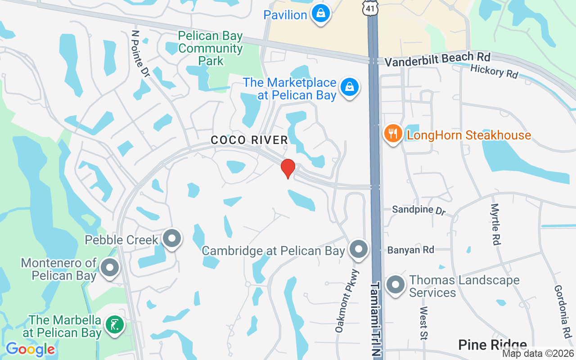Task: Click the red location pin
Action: pyautogui.click(x=288, y=168)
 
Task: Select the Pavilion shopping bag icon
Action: pyautogui.click(x=321, y=13)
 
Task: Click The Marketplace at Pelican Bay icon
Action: pyautogui.click(x=349, y=87)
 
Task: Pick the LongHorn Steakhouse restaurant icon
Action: pyautogui.click(x=393, y=134)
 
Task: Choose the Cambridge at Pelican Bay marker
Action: pyautogui.click(x=358, y=249)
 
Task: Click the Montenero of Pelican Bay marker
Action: pyautogui.click(x=109, y=268)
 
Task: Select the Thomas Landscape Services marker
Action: pyautogui.click(x=396, y=285)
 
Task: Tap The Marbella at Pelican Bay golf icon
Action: pyautogui.click(x=114, y=325)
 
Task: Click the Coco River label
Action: pyautogui.click(x=249, y=140)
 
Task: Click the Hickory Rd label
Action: pyautogui.click(x=494, y=71)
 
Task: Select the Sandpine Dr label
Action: pyautogui.click(x=418, y=210)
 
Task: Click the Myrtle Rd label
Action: pyautogui.click(x=495, y=224)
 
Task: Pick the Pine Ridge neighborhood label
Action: pyautogui.click(x=492, y=345)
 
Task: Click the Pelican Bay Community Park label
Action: pyautogui.click(x=210, y=48)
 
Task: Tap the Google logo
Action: pyautogui.click(x=30, y=349)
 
